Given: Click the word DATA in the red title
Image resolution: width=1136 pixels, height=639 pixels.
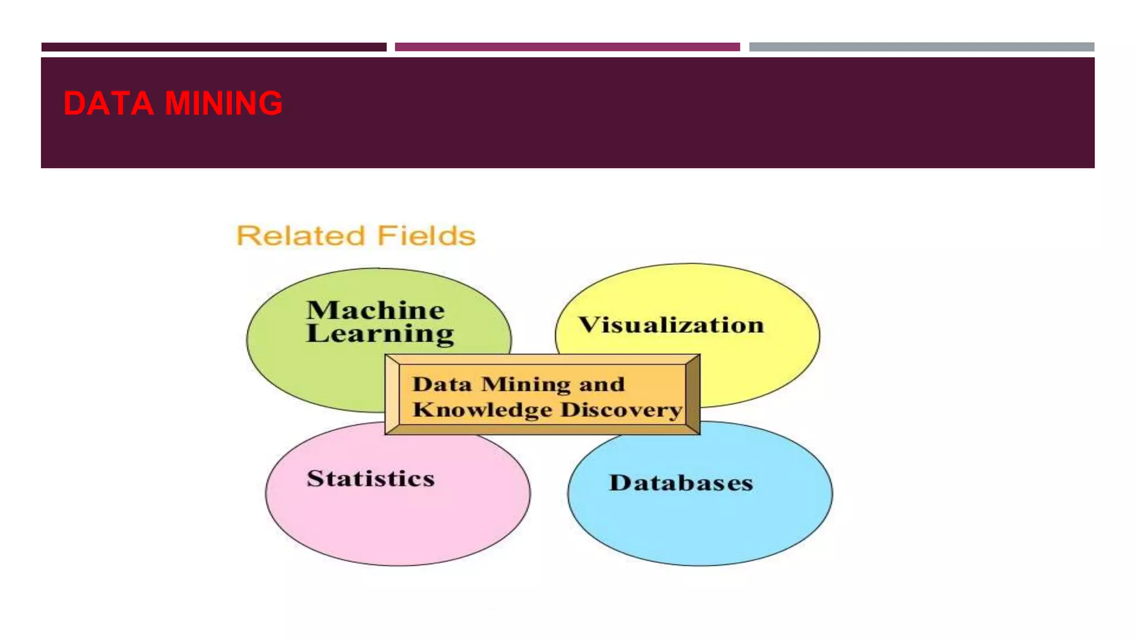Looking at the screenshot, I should tap(108, 103).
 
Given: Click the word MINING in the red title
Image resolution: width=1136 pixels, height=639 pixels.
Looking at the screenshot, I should tap(224, 103).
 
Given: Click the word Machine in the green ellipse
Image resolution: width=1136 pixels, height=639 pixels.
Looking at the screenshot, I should tap(376, 310).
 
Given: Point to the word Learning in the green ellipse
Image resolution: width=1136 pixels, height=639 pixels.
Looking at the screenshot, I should tap(380, 334).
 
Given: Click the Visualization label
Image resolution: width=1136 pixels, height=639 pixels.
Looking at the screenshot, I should tap(671, 325).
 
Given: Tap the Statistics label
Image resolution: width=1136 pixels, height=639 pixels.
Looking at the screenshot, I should tap(371, 479).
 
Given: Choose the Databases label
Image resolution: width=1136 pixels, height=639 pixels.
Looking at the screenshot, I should tap(681, 483).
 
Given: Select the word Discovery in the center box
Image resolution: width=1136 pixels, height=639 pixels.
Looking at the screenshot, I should tap(621, 410).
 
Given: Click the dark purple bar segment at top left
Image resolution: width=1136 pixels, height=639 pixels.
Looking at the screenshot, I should tap(214, 47).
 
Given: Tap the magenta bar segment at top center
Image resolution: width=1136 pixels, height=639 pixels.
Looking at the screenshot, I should tap(567, 47).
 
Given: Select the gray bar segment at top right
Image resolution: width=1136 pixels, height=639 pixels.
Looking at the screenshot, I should tap(921, 47).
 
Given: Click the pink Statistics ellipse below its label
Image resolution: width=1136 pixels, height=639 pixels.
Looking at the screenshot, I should tap(397, 527).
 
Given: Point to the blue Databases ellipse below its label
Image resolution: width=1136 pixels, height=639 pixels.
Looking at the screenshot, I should tap(700, 530).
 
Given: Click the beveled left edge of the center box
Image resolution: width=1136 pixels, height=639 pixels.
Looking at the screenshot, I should tap(392, 394).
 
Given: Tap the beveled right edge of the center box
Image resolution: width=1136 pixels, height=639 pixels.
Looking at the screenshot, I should tap(693, 394).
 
